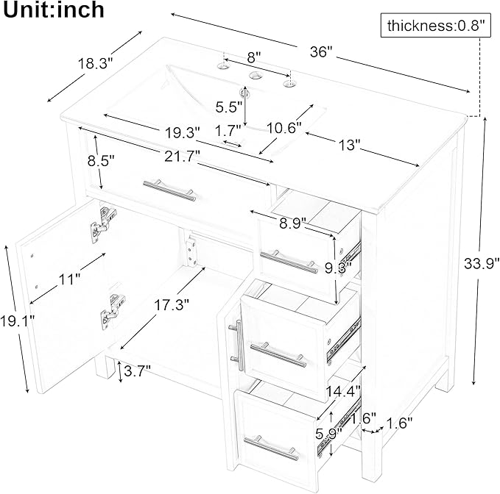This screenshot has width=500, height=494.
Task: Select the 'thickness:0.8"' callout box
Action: click(437, 26)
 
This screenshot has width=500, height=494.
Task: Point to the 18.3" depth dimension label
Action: click(94, 64)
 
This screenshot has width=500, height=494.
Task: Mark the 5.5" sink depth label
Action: click(229, 107)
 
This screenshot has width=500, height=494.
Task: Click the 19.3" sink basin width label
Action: click(183, 132)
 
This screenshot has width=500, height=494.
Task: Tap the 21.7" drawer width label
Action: click(180, 156)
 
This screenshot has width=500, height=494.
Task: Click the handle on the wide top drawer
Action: click(169, 190)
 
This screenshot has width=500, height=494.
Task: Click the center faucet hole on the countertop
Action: click(255, 76)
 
